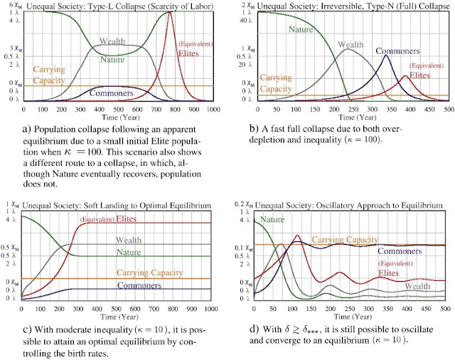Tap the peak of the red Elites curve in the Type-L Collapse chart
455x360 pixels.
(169, 11)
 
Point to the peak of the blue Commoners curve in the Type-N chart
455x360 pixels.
(386, 55)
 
